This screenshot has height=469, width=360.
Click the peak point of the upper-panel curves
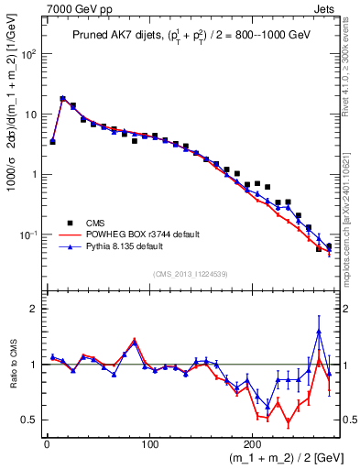tap(62, 98)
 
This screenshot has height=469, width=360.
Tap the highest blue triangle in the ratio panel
tap(319, 332)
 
